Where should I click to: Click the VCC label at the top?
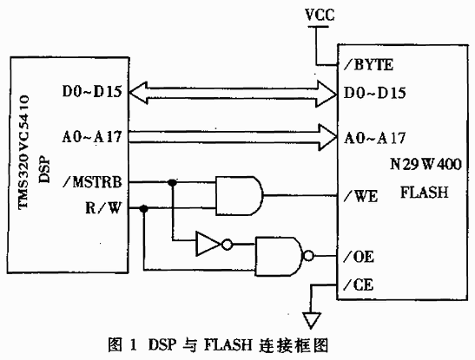click(320, 15)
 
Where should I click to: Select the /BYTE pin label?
click(368, 65)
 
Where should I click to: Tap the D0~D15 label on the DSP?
click(92, 91)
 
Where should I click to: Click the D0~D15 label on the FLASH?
click(374, 93)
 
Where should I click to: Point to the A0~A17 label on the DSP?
click(92, 137)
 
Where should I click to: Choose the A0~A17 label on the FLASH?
click(374, 138)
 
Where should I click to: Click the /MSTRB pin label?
click(92, 182)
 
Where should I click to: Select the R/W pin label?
click(103, 208)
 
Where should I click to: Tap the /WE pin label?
click(360, 196)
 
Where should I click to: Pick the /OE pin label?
click(359, 257)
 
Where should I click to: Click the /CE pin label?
click(359, 285)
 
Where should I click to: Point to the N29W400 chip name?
click(426, 164)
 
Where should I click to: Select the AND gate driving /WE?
click(240, 196)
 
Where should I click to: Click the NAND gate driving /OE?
click(280, 257)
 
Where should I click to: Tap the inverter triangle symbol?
click(209, 244)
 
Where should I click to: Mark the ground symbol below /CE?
click(311, 321)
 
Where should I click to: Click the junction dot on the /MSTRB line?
click(172, 182)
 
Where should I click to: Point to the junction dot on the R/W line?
click(144, 208)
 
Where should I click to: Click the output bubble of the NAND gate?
click(308, 256)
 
